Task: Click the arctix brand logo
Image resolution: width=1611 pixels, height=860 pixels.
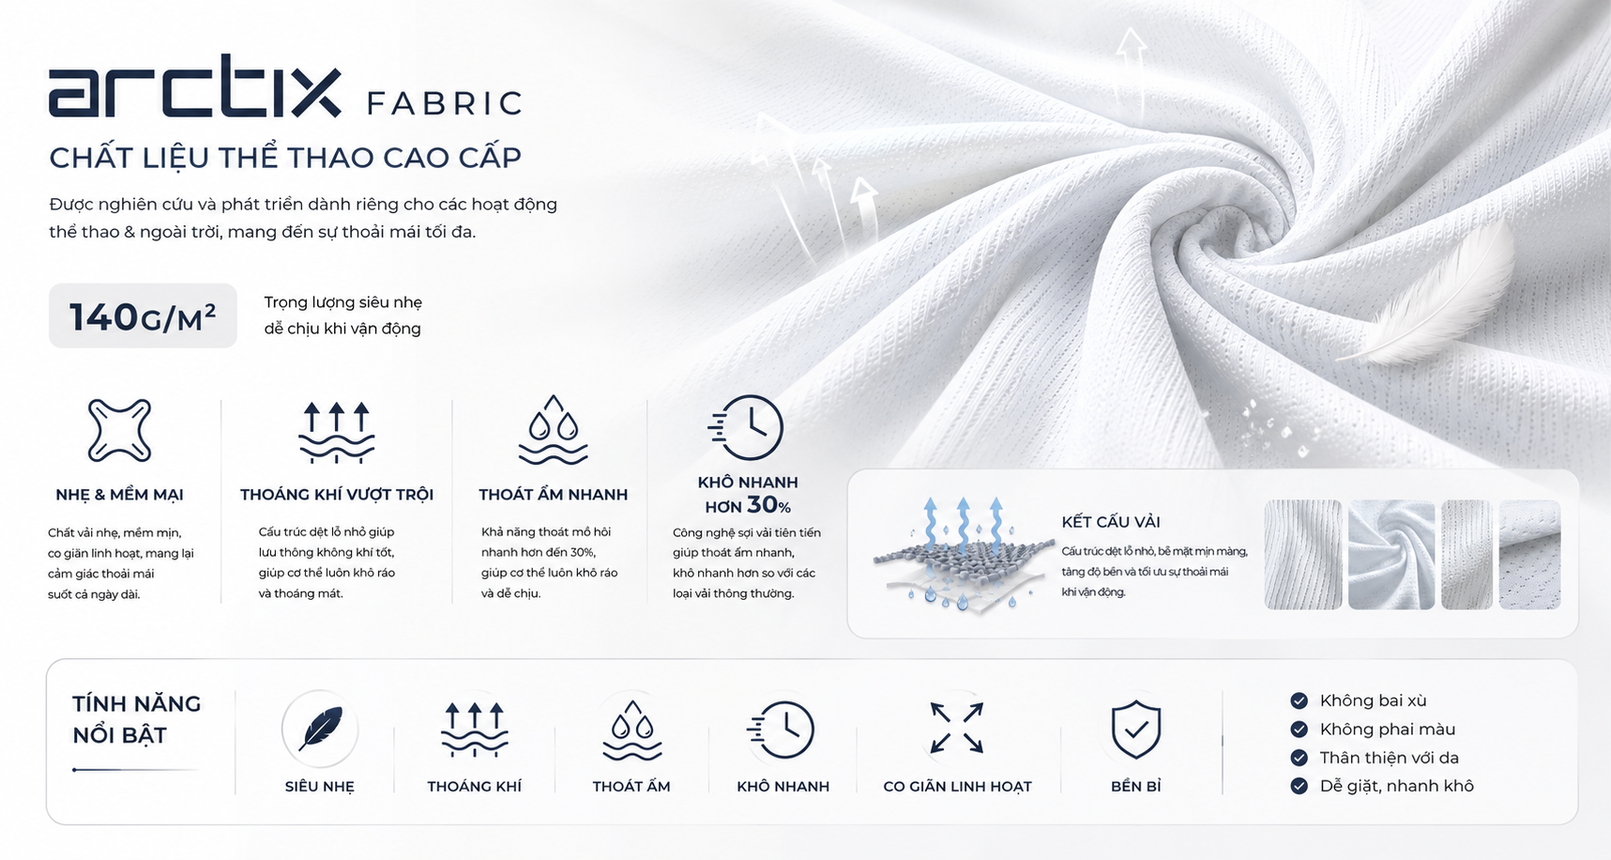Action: click(194, 86)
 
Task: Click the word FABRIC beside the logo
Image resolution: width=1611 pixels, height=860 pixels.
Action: click(445, 103)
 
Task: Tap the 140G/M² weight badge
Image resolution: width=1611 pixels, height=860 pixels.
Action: click(143, 316)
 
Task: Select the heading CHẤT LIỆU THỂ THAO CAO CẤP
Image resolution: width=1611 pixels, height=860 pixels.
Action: click(285, 158)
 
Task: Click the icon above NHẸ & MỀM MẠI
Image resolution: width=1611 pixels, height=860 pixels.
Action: click(119, 430)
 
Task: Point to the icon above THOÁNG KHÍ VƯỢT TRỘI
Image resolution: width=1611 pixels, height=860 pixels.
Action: click(337, 432)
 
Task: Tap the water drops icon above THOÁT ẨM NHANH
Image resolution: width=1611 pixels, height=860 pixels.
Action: click(554, 429)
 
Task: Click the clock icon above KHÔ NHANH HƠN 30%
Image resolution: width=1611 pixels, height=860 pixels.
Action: click(746, 427)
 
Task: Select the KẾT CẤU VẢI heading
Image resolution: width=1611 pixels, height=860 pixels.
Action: click(1111, 522)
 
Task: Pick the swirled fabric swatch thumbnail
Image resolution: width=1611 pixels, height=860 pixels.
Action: click(1391, 555)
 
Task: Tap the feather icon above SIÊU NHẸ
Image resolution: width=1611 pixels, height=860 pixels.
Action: click(320, 729)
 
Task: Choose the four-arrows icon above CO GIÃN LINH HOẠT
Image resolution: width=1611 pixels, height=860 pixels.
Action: click(957, 728)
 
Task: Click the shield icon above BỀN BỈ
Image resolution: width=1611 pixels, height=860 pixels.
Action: click(1136, 729)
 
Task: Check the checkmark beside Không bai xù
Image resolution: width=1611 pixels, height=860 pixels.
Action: click(1299, 700)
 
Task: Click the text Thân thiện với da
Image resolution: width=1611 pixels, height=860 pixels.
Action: click(1390, 758)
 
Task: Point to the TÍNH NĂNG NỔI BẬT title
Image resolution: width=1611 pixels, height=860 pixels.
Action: click(137, 719)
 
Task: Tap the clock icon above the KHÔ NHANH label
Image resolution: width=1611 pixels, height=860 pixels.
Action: click(783, 729)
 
